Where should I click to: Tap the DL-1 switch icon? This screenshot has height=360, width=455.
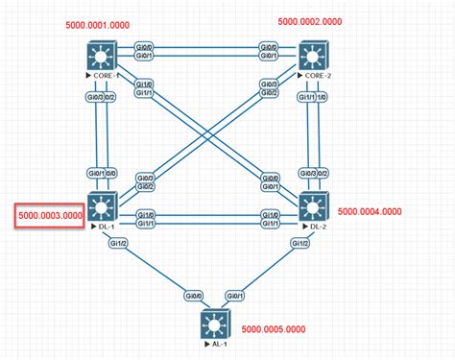point(103,206)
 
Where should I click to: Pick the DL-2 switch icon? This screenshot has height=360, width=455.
point(313,206)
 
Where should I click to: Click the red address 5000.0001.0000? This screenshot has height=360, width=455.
point(98,24)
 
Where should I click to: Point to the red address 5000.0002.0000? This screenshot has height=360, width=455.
point(310,20)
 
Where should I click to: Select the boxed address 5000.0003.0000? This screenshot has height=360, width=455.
point(51,215)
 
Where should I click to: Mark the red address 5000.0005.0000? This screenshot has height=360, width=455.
point(278,328)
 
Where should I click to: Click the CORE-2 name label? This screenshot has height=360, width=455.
point(316,73)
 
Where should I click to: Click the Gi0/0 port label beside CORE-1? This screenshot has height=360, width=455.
point(142,45)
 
